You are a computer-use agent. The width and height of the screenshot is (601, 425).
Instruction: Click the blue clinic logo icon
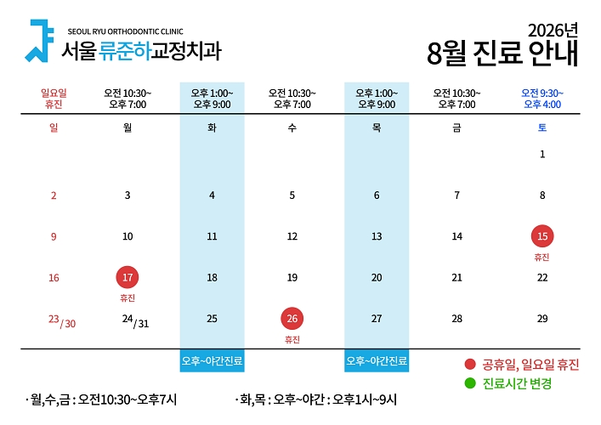pyautogui.click(x=38, y=41)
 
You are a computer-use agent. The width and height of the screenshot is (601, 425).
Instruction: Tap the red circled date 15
pyautogui.click(x=542, y=236)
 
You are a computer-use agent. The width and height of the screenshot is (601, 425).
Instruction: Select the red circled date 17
pyautogui.click(x=128, y=277)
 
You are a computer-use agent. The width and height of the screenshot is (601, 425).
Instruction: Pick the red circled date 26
pyautogui.click(x=292, y=319)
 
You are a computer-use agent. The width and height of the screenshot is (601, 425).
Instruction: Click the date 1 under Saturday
pyautogui.click(x=542, y=154)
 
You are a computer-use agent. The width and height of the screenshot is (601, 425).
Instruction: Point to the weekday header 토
pyautogui.click(x=542, y=127)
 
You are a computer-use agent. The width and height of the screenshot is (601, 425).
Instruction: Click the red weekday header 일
pyautogui.click(x=54, y=127)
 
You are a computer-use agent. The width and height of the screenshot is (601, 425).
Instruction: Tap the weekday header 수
pyautogui.click(x=292, y=127)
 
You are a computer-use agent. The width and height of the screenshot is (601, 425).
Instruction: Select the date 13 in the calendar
pyautogui.click(x=377, y=236)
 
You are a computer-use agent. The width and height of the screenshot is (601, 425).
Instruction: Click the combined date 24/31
pyautogui.click(x=135, y=321)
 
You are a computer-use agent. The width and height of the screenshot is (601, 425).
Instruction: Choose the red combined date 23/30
pyautogui.click(x=62, y=321)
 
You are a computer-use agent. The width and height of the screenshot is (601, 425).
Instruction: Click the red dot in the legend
pyautogui.click(x=470, y=364)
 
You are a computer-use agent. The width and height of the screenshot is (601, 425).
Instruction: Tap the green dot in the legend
pyautogui.click(x=470, y=382)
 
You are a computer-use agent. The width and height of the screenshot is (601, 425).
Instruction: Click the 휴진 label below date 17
pyautogui.click(x=128, y=298)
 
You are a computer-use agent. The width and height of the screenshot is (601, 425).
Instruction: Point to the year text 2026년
pyautogui.click(x=553, y=31)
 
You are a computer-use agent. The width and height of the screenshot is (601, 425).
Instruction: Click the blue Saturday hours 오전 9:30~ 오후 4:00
pyautogui.click(x=542, y=99)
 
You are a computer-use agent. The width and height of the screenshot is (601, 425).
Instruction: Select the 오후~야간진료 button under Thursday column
pyautogui.click(x=377, y=360)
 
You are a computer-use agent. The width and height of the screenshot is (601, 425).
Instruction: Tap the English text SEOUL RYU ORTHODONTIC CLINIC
pyautogui.click(x=125, y=31)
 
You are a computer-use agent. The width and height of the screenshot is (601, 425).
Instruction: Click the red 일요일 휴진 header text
pyautogui.click(x=54, y=99)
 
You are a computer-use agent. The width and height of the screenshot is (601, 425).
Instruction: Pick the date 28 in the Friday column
pyautogui.click(x=456, y=319)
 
